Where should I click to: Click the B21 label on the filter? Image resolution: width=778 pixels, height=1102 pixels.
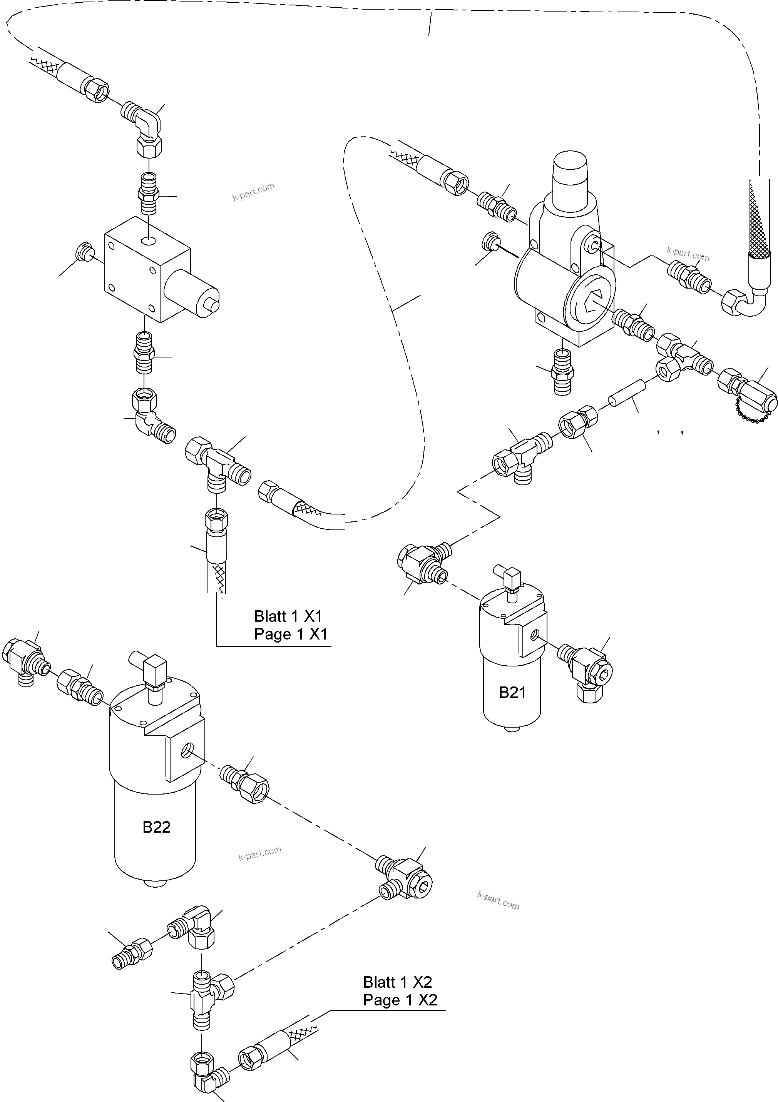point(512,692)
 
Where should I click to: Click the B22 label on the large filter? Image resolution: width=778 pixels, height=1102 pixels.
point(157,826)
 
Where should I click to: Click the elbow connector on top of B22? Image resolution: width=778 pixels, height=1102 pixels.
point(154,671)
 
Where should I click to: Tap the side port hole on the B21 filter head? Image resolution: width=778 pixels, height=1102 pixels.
point(534,635)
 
